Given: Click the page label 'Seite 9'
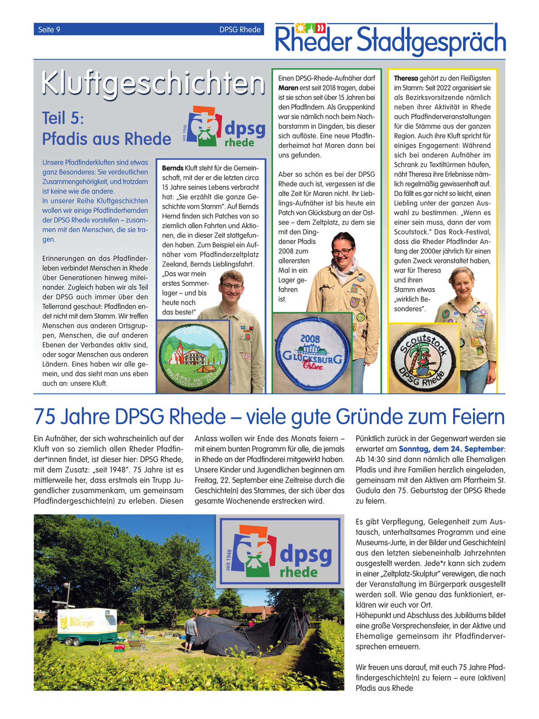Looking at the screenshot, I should click(49, 30).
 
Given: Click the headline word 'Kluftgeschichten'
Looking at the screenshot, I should click(153, 83).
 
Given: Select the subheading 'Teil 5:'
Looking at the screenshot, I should click(63, 118).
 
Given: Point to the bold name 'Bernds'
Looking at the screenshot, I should click(172, 168).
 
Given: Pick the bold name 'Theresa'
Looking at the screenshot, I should click(406, 78).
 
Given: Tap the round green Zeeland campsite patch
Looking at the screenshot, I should click(193, 356).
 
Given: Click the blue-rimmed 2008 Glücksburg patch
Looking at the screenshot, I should click(313, 354).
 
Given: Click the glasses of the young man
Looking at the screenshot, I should click(232, 286).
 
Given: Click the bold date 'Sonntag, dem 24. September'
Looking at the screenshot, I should click(451, 449).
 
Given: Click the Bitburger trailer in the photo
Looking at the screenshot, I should click(87, 625).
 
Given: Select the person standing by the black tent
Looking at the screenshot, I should click(191, 634).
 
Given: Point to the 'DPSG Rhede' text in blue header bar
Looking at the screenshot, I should click(240, 30).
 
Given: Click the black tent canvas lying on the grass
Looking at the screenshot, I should click(252, 634).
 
